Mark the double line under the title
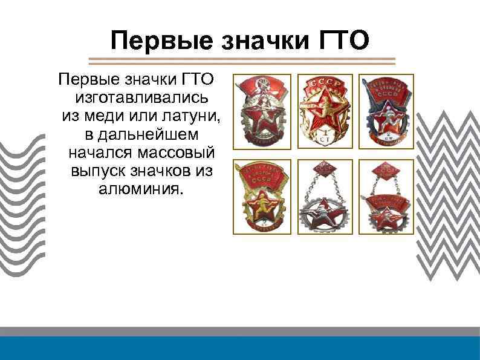click(x=242, y=61)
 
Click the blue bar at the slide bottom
click(x=240, y=349)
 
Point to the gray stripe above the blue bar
click(x=240, y=332)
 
